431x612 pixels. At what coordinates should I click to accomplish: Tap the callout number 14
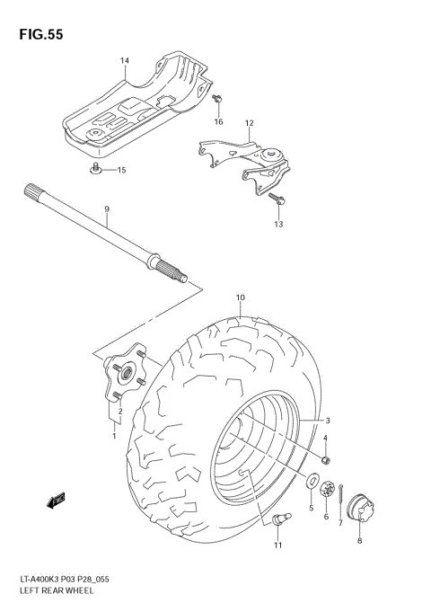click(125, 61)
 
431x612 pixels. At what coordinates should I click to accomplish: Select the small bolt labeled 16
click(217, 101)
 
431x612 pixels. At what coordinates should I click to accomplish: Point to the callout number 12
click(249, 123)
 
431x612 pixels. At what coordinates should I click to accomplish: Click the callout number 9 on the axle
click(106, 209)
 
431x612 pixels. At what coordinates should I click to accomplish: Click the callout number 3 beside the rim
click(328, 421)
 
